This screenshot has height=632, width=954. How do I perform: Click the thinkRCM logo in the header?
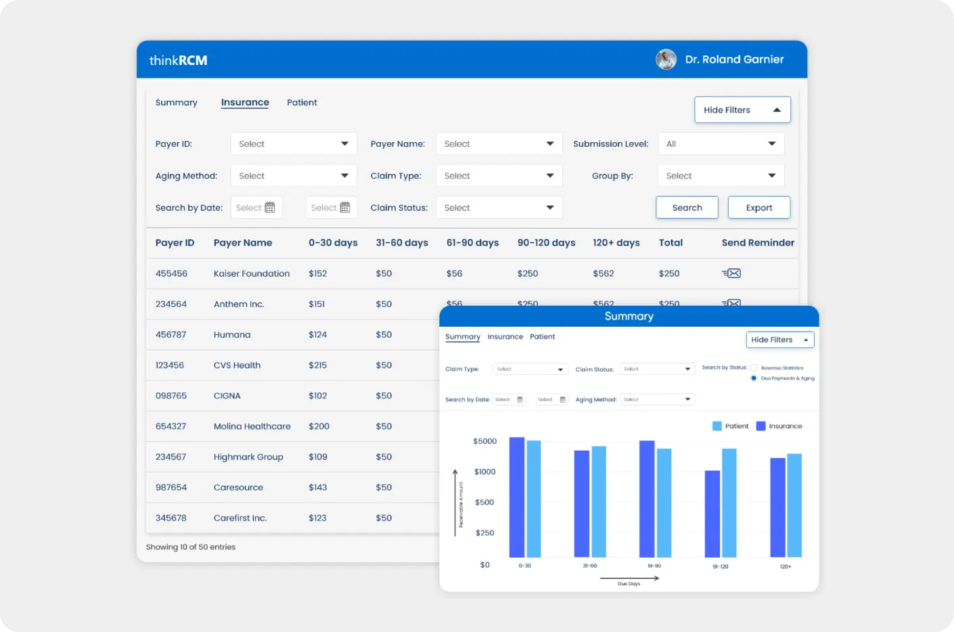178,60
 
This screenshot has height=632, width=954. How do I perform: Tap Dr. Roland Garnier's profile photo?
666,60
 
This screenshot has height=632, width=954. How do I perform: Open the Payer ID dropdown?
294,143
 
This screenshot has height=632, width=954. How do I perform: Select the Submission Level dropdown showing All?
721,143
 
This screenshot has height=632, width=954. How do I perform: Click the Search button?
687,208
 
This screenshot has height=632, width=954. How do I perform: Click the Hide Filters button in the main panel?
742,110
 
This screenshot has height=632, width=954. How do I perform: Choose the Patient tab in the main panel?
302,102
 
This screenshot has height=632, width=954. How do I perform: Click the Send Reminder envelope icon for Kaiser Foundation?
731,273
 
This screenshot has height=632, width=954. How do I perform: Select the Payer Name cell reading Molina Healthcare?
252,426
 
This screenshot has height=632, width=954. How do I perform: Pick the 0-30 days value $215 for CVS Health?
317,365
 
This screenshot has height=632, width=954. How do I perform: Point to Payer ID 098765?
171,396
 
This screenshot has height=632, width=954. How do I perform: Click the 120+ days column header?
616,243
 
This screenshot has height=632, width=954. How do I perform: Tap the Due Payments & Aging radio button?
754,378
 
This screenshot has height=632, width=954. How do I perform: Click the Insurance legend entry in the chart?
779,426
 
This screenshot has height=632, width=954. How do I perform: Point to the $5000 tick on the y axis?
484,441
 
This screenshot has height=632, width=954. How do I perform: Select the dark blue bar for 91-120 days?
712,514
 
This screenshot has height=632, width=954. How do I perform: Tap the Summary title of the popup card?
629,316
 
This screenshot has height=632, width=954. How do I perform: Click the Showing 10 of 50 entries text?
191,547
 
